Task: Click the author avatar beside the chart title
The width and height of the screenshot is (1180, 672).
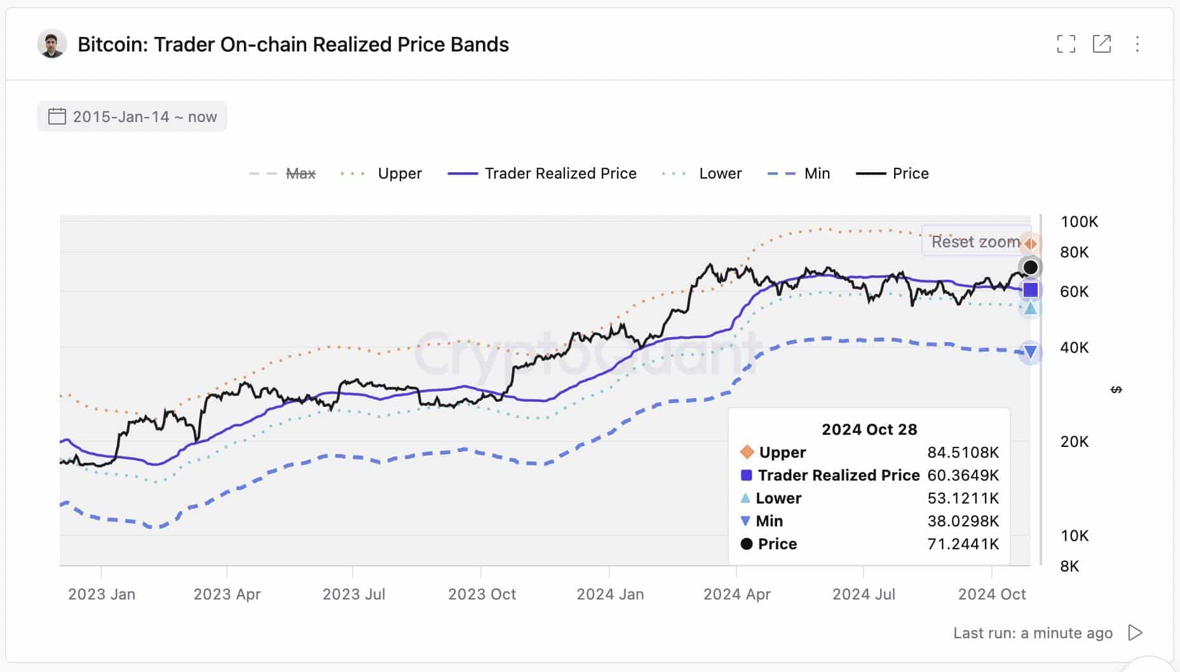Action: [52, 44]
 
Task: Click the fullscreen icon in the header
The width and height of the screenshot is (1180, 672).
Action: [1066, 44]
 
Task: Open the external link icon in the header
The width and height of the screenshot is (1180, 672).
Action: [1101, 44]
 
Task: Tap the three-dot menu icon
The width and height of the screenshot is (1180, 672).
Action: [1137, 44]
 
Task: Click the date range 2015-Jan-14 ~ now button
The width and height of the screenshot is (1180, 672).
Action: [132, 116]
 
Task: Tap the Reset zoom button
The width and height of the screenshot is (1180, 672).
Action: [975, 242]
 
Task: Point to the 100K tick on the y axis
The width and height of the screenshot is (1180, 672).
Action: [1079, 222]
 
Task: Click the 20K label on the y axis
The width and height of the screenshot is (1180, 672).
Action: [1074, 441]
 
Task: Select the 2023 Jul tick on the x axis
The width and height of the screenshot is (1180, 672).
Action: [353, 594]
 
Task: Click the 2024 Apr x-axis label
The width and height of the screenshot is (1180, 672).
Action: [736, 594]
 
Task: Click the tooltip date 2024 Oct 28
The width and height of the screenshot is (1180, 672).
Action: [869, 429]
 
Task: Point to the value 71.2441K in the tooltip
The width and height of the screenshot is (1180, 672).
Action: [963, 544]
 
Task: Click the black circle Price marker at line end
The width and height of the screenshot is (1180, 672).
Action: [1030, 267]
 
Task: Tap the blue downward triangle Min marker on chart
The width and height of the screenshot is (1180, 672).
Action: [1030, 352]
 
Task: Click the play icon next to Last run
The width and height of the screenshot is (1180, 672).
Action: [1135, 633]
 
